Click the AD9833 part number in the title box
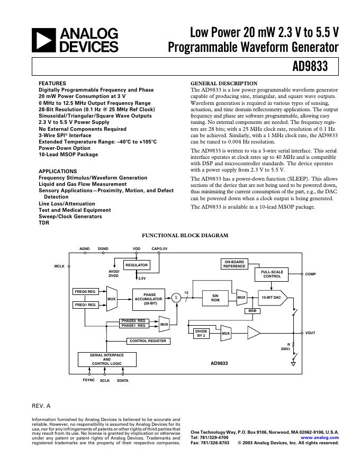[x=318, y=67]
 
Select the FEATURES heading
[x=52, y=84]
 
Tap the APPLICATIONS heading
[x=58, y=172]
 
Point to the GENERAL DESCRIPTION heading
[x=223, y=84]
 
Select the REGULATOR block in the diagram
[x=137, y=265]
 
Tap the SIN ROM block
[x=215, y=298]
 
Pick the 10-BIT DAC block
[x=272, y=298]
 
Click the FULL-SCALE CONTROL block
[x=272, y=274]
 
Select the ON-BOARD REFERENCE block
[x=234, y=264]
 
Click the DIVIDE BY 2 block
[x=201, y=333]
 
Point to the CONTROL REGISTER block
[x=148, y=341]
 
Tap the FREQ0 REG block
[x=85, y=292]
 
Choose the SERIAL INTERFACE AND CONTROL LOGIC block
[x=107, y=360]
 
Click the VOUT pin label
[x=311, y=333]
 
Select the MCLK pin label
[x=59, y=266]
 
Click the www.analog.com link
[x=323, y=438]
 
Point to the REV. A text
[x=41, y=406]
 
